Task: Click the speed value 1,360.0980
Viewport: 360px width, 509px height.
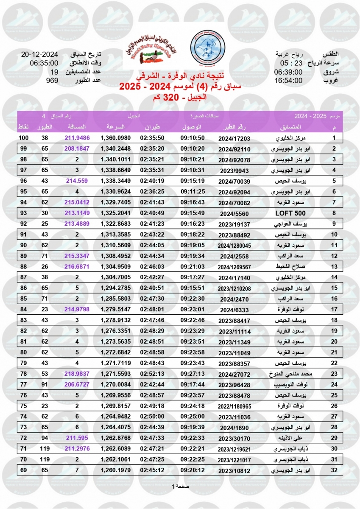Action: (x=115, y=138)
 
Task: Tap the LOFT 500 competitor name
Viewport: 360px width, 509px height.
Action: (x=297, y=213)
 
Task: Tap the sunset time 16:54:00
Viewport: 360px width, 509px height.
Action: (x=288, y=80)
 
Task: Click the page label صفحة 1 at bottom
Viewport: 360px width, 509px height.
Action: (x=180, y=486)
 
